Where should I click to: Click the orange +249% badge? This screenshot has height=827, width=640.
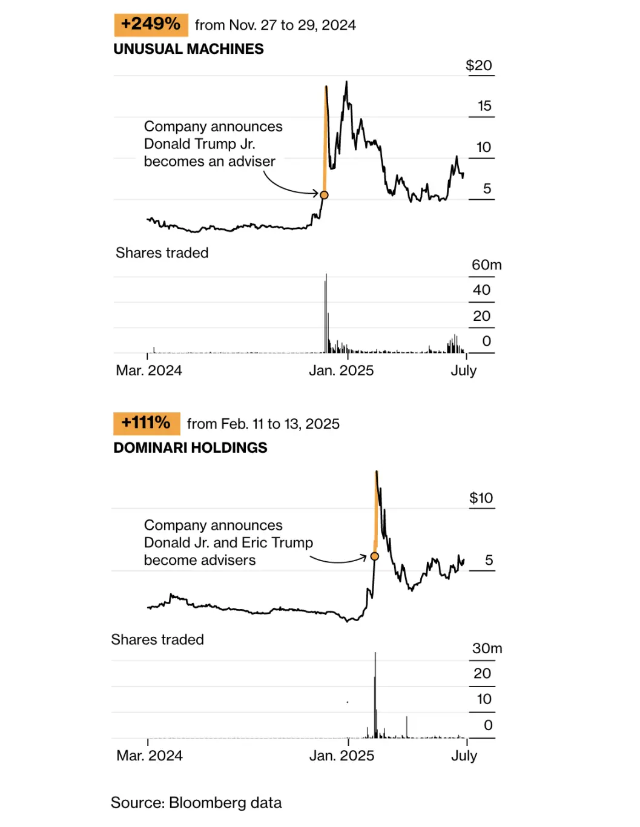coord(151,25)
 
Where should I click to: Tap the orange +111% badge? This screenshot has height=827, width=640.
coord(146,423)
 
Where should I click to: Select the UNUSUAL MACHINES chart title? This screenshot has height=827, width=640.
coord(188,49)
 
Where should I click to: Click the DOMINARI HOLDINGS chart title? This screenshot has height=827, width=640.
coord(190,447)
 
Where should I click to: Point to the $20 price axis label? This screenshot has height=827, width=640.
coord(478,65)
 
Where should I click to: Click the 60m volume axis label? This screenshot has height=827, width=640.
coord(486,265)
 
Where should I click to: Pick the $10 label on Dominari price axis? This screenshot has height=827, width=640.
coord(481,498)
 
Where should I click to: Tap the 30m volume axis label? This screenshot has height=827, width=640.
coord(487,648)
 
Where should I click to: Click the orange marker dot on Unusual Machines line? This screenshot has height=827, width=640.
coord(324,195)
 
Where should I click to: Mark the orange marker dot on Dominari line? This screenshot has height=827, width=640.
coord(375,556)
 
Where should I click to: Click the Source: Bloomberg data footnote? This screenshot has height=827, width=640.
coord(196,803)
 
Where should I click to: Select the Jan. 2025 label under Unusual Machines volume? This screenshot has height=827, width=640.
coord(341,371)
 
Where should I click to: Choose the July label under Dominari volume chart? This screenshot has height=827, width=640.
coord(464,756)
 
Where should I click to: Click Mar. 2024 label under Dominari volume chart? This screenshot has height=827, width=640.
coord(149,756)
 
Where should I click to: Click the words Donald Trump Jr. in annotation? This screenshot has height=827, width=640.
coord(199,144)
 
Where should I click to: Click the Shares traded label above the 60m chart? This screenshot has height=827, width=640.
coord(162,253)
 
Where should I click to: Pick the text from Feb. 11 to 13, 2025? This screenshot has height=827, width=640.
coord(263,424)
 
